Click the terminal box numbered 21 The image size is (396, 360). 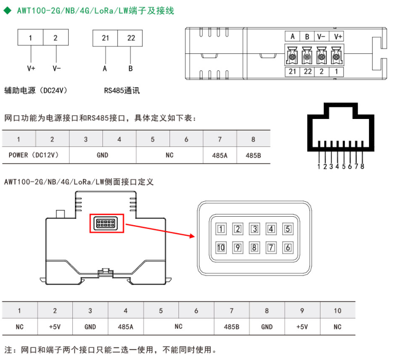coord(105,38)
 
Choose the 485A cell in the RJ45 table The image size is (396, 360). coord(220,155)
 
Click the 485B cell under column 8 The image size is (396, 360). coord(253,155)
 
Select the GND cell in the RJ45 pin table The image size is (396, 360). coord(102,155)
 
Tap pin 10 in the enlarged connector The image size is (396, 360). coord(221,247)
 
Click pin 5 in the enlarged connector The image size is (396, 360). coord(288,229)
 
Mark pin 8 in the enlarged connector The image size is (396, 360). coord(254,247)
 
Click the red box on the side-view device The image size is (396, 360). coord(108,224)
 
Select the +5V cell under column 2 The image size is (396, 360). coord(55,327)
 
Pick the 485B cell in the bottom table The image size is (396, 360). coord(231,327)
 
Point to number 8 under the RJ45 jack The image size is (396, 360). coord(362,167)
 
